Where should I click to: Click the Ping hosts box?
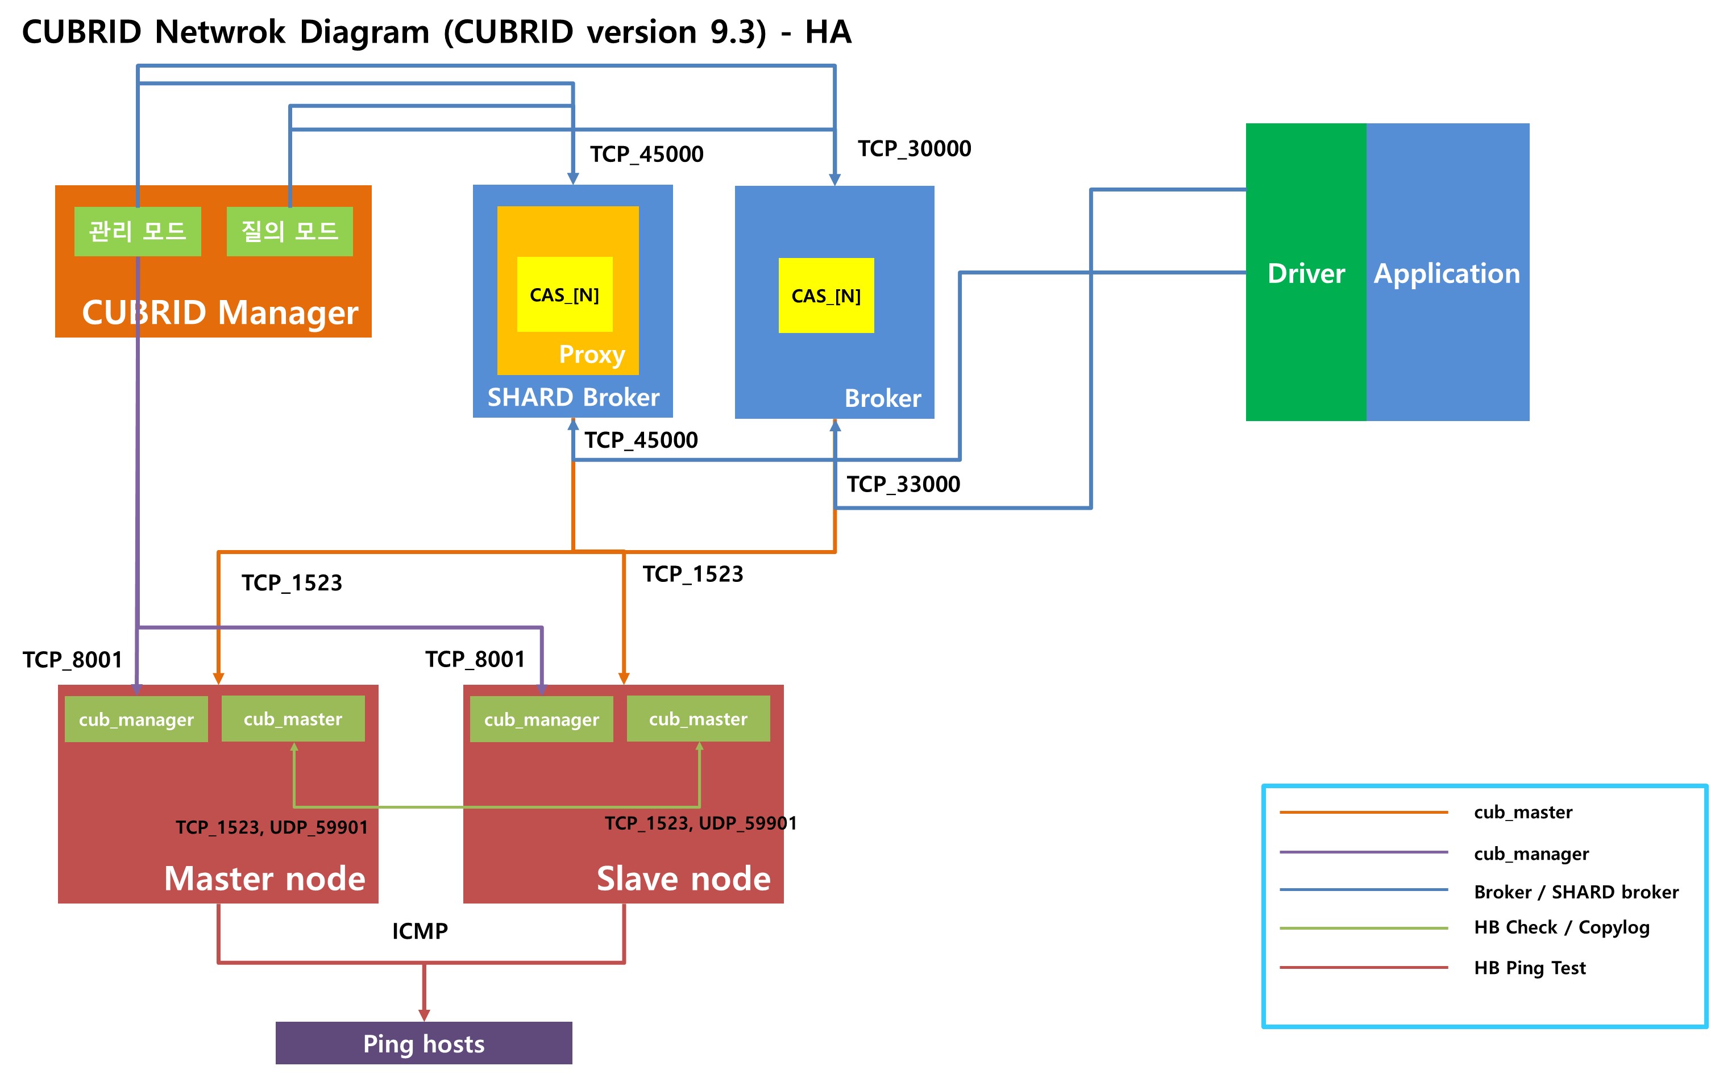pyautogui.click(x=423, y=1043)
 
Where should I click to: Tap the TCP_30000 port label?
pyautogui.click(x=914, y=148)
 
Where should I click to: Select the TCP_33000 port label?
pyautogui.click(x=903, y=484)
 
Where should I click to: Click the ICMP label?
pyautogui.click(x=420, y=931)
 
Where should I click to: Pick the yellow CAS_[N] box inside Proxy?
pyautogui.click(x=564, y=294)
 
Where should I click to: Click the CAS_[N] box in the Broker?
pyautogui.click(x=825, y=295)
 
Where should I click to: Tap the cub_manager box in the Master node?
pyautogui.click(x=136, y=719)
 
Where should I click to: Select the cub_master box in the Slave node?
pyautogui.click(x=697, y=719)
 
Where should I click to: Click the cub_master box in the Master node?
pyautogui.click(x=293, y=719)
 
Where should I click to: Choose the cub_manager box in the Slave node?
pyautogui.click(x=541, y=719)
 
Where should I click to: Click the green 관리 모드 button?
pyautogui.click(x=137, y=231)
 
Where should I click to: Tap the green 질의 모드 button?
pyautogui.click(x=289, y=231)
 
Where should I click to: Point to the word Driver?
pyautogui.click(x=1306, y=273)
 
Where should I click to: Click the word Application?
pyautogui.click(x=1446, y=273)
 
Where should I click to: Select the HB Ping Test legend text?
pyautogui.click(x=1529, y=967)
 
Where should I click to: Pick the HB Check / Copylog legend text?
pyautogui.click(x=1562, y=927)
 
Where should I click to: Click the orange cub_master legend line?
pyautogui.click(x=1363, y=812)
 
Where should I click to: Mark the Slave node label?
pyautogui.click(x=683, y=879)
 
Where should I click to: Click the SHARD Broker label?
pyautogui.click(x=572, y=397)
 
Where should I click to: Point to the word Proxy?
pyautogui.click(x=592, y=353)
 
